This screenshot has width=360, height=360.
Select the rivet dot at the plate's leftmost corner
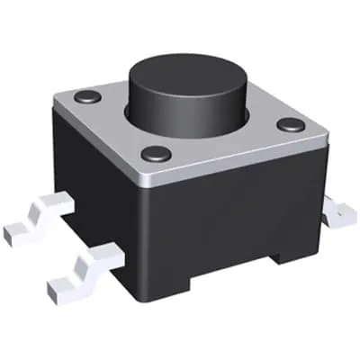pyautogui.click(x=86, y=95)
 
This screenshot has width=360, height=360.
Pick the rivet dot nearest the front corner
pyautogui.click(x=156, y=153)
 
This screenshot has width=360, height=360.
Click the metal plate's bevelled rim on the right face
pyautogui.click(x=238, y=162)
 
